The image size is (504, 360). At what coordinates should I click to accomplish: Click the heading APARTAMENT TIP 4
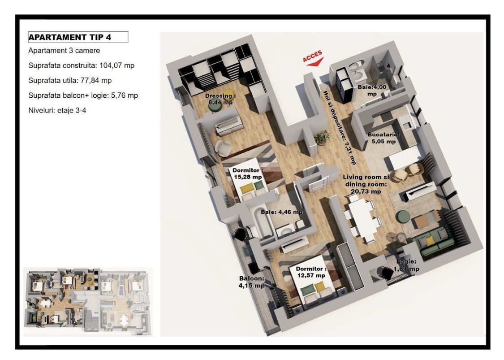[x=70, y=37]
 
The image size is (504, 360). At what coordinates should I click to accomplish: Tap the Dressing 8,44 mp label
[x=220, y=99]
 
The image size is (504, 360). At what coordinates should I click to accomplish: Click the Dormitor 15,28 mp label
[x=247, y=173]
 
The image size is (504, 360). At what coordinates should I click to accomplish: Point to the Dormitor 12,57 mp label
[x=311, y=272]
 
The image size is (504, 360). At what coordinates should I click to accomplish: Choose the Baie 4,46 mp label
[x=282, y=212]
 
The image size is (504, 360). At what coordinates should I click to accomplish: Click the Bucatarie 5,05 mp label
[x=383, y=138]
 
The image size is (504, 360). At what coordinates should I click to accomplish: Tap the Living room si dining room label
[x=366, y=184]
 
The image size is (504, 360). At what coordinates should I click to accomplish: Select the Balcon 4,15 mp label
[x=252, y=282]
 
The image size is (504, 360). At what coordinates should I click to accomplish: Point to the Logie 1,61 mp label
[x=406, y=265]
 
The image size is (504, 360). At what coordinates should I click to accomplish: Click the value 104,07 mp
[x=117, y=65]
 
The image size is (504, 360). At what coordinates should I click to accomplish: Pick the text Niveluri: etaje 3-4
[x=57, y=111]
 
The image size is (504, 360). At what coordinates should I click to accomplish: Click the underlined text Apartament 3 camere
[x=64, y=51]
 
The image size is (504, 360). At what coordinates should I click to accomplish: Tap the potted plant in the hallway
[x=321, y=137]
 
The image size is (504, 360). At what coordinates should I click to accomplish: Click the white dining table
[x=363, y=217]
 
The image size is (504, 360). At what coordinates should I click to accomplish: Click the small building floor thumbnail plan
[x=88, y=302]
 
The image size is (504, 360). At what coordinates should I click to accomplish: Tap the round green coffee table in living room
[x=402, y=217]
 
